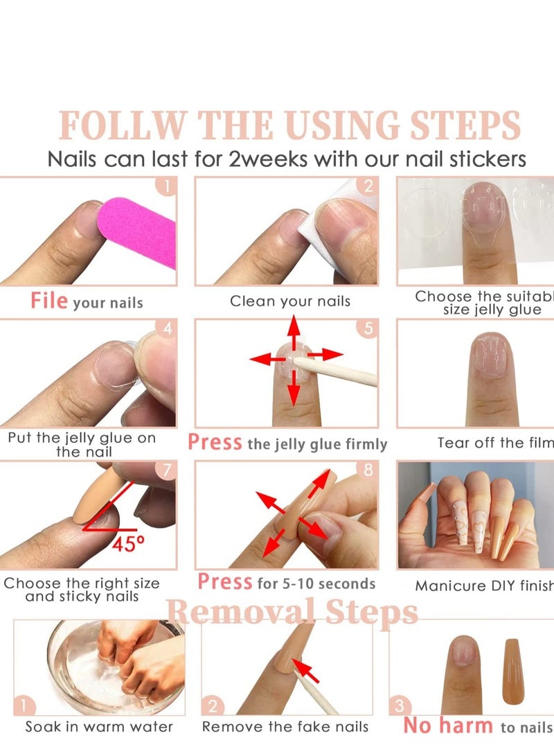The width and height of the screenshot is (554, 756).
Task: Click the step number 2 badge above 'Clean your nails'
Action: tap(368, 186)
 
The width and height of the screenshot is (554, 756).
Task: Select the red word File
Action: tap(49, 301)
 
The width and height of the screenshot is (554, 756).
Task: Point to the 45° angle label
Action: tap(129, 544)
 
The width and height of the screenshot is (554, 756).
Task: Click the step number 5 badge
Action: tap(368, 328)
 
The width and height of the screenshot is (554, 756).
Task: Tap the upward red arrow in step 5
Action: tap(294, 332)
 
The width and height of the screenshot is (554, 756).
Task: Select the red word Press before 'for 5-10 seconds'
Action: tap(225, 581)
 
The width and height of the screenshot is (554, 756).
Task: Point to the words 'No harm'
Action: tap(448, 726)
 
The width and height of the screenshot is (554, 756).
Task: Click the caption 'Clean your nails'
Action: tap(290, 301)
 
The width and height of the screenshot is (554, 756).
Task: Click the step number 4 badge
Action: tap(166, 328)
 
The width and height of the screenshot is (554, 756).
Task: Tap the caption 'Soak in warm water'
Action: tap(99, 727)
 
